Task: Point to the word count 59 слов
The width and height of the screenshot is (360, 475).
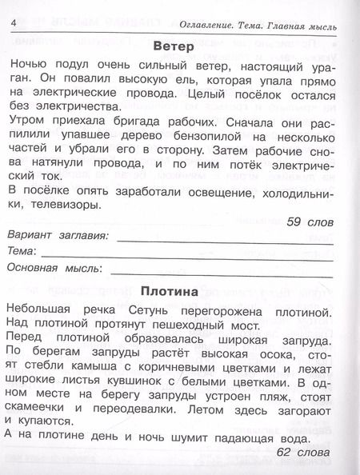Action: click(x=312, y=221)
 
